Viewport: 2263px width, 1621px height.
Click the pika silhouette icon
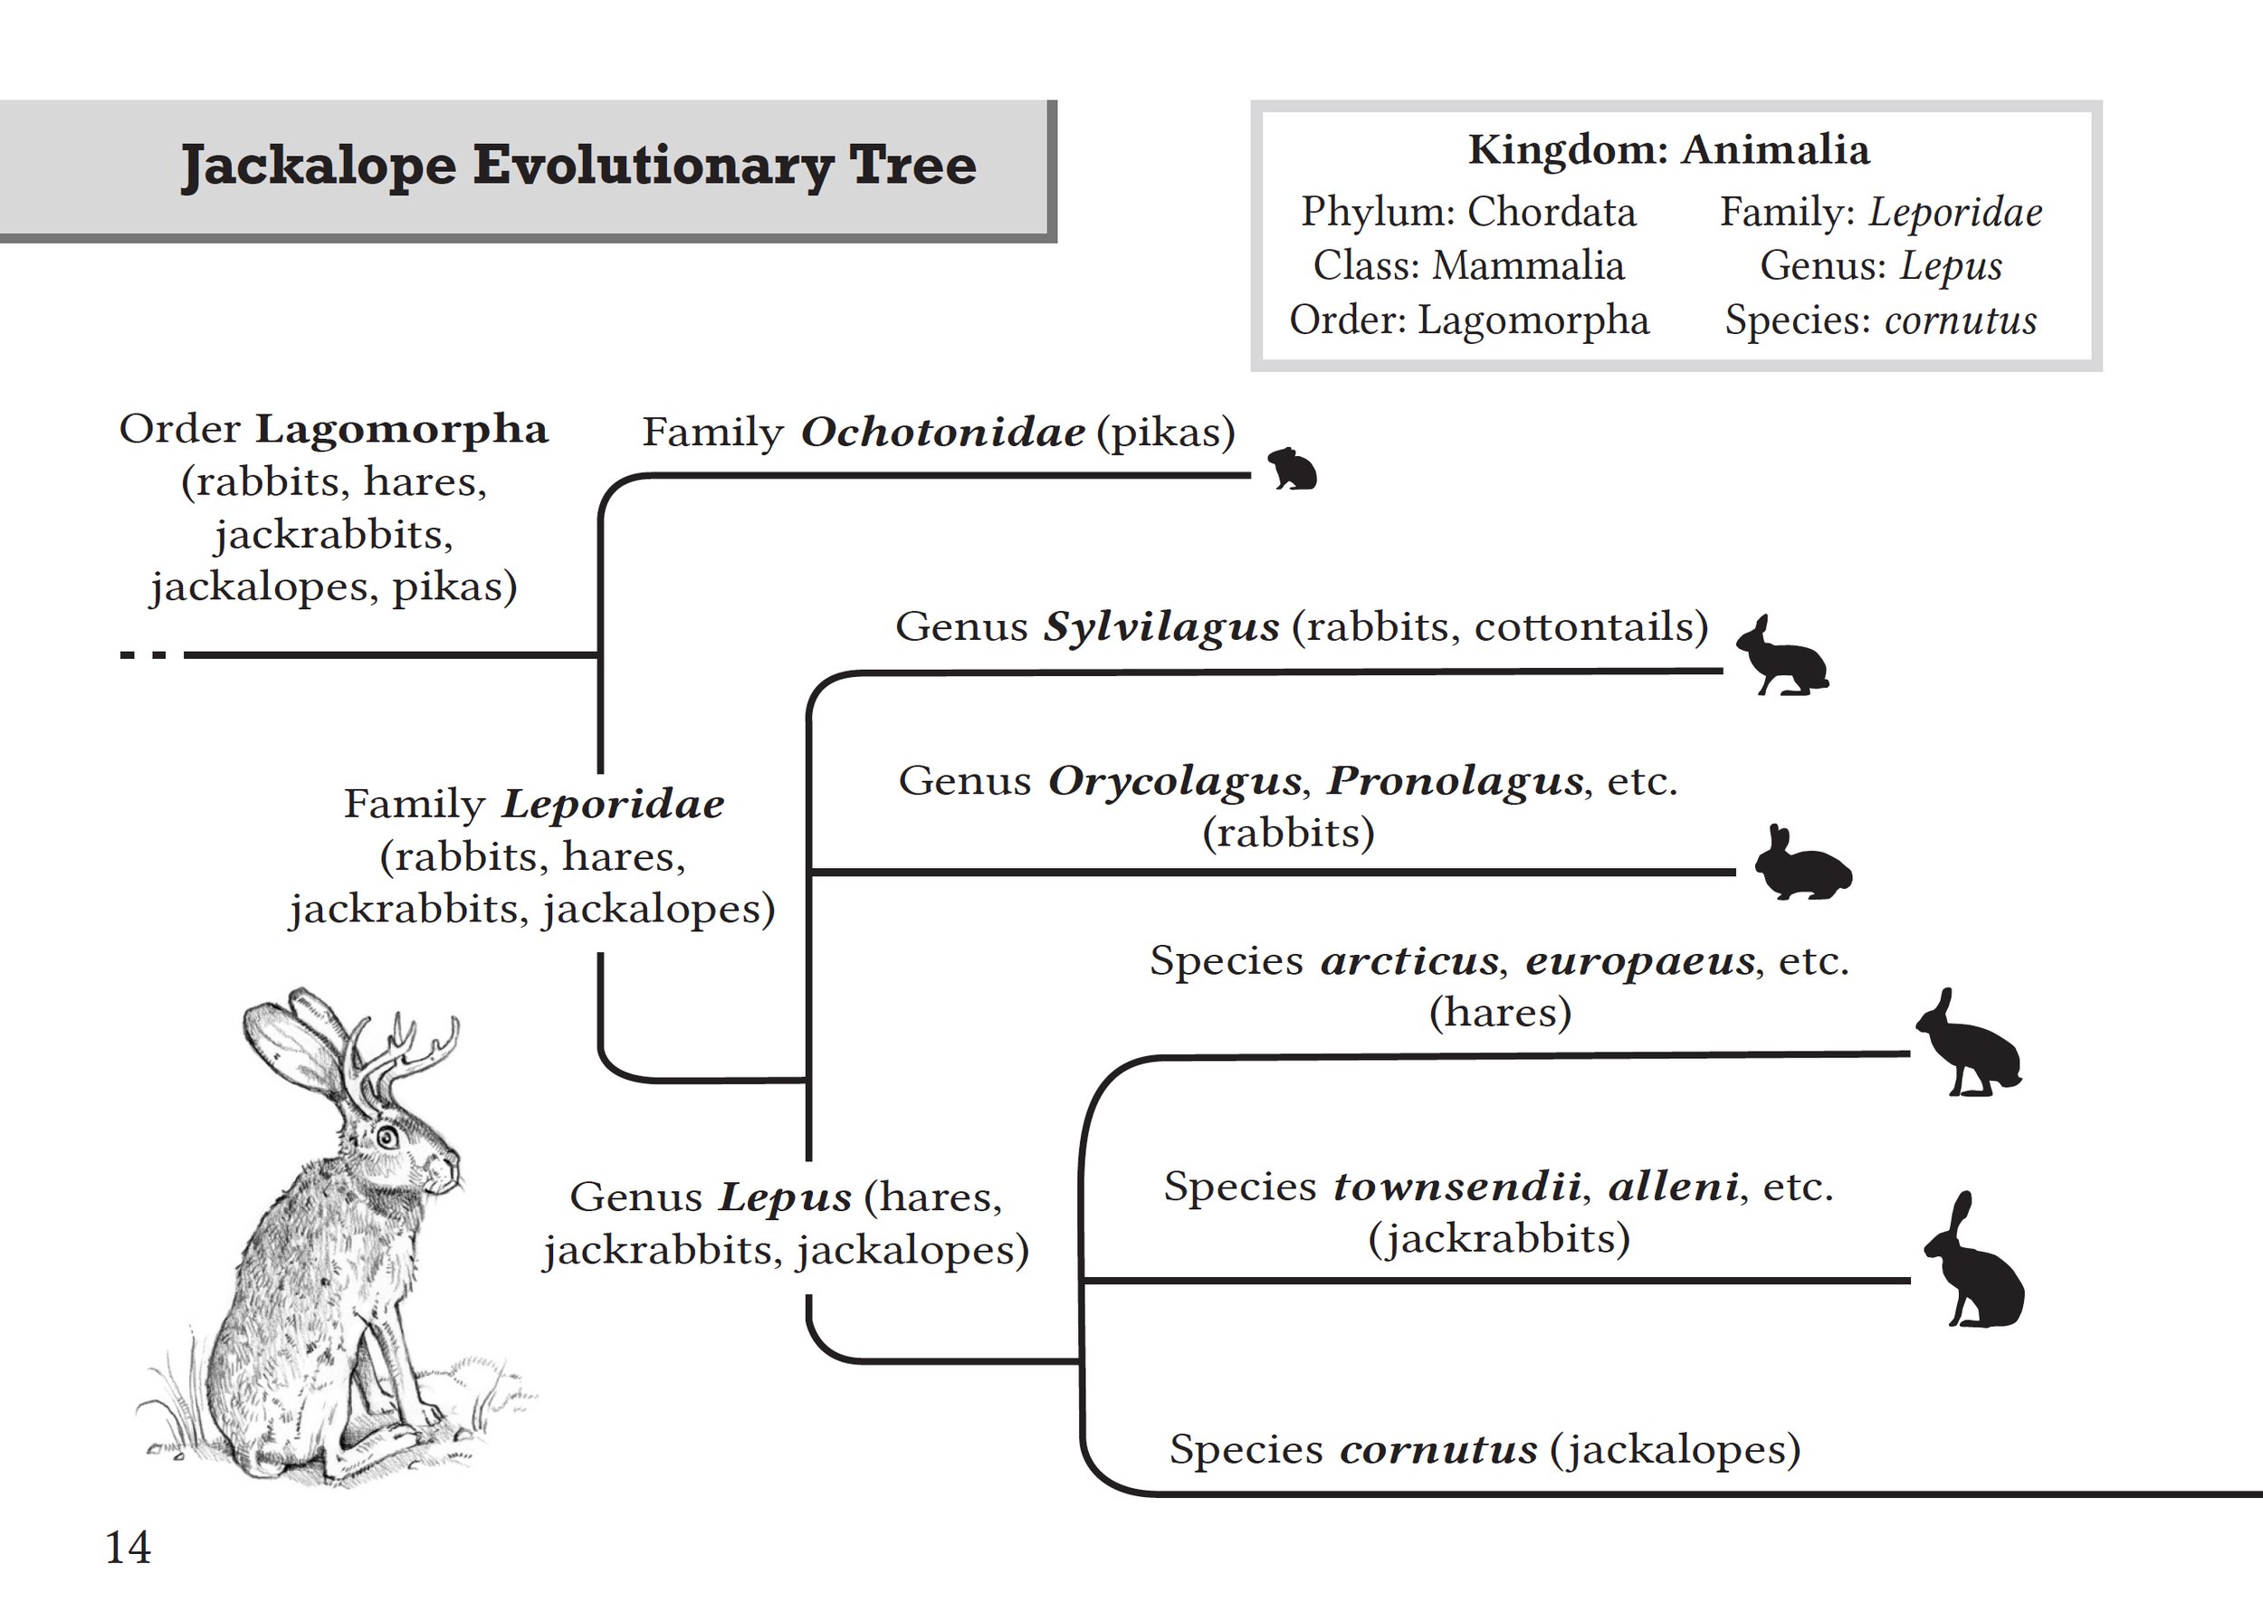tap(1292, 469)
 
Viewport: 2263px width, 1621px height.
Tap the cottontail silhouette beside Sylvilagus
tap(1783, 656)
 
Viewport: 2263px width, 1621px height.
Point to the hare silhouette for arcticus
tap(1969, 1044)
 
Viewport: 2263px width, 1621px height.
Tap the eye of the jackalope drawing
tap(387, 1137)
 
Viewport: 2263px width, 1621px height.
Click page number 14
tap(128, 1547)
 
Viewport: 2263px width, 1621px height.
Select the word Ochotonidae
tap(943, 432)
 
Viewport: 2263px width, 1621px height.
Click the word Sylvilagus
tap(1161, 627)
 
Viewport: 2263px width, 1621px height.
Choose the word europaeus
tap(1640, 961)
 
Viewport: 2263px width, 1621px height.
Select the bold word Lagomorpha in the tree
tap(402, 430)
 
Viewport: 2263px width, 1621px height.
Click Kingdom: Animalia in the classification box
tap(1669, 149)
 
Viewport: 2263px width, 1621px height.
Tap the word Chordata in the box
tap(1552, 213)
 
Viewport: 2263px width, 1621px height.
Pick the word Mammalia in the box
tap(1529, 266)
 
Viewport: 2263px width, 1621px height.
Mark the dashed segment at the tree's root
tap(144, 655)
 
